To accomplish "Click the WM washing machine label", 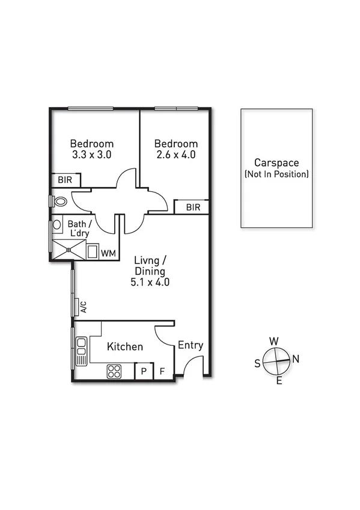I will (x=108, y=253).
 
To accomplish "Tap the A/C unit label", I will (x=84, y=307).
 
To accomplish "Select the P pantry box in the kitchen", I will (x=144, y=372).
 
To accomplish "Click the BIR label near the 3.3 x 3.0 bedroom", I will (x=65, y=180).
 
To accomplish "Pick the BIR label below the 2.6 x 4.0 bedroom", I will (x=192, y=207).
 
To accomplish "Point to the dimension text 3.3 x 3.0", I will (x=91, y=155).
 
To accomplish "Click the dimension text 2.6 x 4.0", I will (x=175, y=155).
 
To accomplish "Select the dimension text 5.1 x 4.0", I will (x=150, y=281).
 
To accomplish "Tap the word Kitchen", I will (x=125, y=347).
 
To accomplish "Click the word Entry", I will (x=191, y=345).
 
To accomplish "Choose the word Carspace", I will (x=276, y=162).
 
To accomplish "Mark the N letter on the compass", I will (x=296, y=359).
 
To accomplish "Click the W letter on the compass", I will (x=274, y=342).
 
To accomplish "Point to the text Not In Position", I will (x=276, y=174).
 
